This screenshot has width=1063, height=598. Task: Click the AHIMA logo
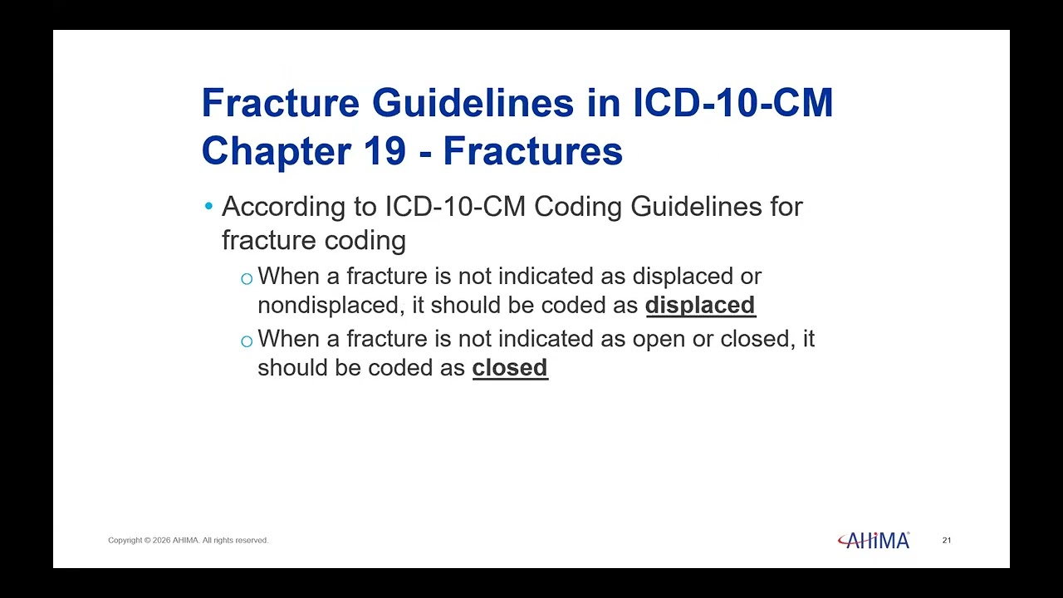[x=874, y=540]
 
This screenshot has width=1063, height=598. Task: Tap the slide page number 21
[x=946, y=540]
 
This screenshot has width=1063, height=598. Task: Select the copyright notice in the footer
[x=188, y=540]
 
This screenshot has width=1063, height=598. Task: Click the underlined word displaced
[x=700, y=305]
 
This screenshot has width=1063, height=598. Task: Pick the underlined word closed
[x=510, y=368]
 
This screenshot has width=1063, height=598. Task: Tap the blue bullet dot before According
[x=208, y=206]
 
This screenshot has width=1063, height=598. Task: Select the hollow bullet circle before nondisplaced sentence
[x=247, y=278]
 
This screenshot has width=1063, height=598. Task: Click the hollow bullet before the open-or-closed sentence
[x=247, y=341]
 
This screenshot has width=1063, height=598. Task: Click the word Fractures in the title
[x=533, y=151]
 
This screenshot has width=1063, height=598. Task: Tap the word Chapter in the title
[x=277, y=152]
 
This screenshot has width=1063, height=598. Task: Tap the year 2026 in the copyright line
[x=161, y=540]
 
